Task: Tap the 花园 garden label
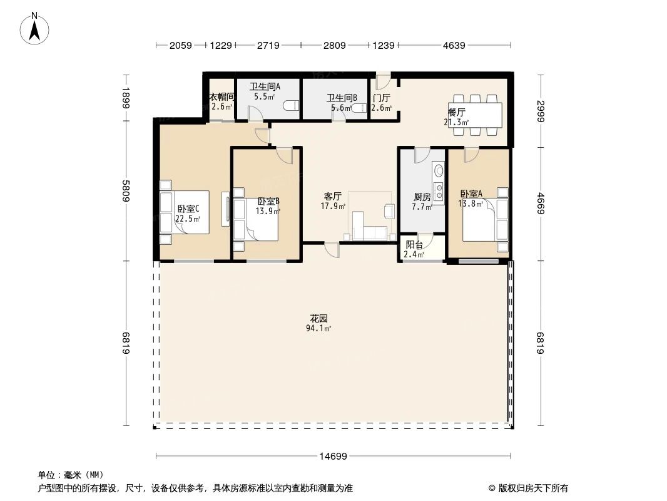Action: (x=319, y=318)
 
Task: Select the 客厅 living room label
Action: (x=333, y=196)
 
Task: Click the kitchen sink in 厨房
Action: (x=438, y=170)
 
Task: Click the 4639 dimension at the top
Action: (x=454, y=45)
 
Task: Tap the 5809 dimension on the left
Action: (x=126, y=191)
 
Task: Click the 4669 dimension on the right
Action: (x=539, y=204)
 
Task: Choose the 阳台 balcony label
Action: (x=414, y=245)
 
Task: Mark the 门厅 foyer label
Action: (x=381, y=98)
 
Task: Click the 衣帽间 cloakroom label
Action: (x=221, y=97)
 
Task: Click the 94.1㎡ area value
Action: (x=319, y=328)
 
